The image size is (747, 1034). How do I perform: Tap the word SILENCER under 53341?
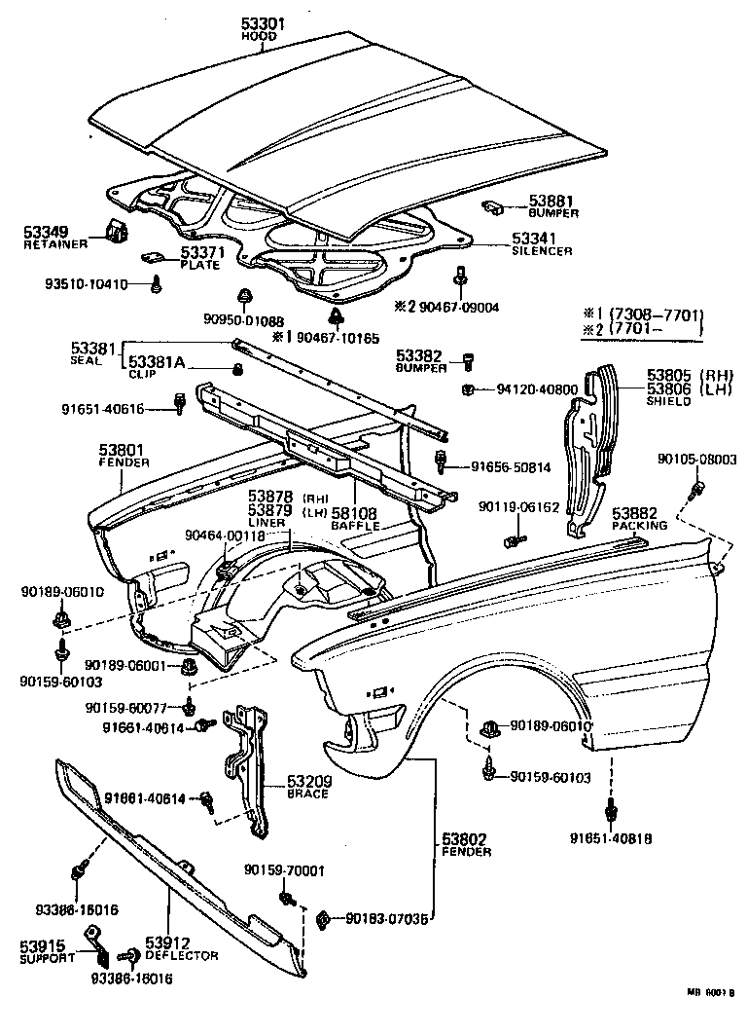pos(542,250)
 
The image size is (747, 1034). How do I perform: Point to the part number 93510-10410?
pos(86,284)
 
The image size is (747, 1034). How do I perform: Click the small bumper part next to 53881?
pos(492,206)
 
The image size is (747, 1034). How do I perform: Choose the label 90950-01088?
pos(244,321)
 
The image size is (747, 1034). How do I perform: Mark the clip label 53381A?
pos(157,361)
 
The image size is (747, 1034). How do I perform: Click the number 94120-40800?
pos(537,390)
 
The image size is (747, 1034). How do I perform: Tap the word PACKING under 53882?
pos(639,525)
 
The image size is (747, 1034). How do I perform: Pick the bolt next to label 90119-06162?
pos(514,535)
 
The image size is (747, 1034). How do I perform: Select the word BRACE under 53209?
pos(307,794)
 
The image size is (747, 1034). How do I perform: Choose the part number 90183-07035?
pos(385,917)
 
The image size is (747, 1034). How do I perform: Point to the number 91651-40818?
pos(611,835)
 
